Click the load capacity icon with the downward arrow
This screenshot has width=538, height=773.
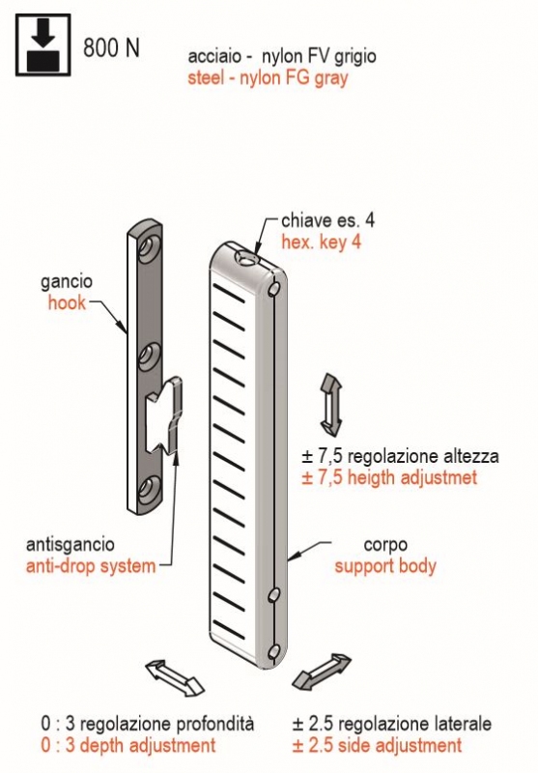click(x=43, y=44)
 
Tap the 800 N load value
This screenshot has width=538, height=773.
click(x=111, y=47)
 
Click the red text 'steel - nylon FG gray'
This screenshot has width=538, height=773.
click(x=268, y=78)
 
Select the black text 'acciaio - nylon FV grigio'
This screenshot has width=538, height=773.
click(x=282, y=56)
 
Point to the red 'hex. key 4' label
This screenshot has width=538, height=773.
click(x=321, y=243)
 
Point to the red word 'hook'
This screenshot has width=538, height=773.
click(x=67, y=302)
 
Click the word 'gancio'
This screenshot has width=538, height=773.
click(x=66, y=282)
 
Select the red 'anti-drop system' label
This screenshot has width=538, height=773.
click(x=91, y=566)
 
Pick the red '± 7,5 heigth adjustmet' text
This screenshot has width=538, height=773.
click(x=389, y=477)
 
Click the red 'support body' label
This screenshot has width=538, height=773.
click(x=385, y=566)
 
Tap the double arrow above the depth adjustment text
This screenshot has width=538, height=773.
click(x=175, y=678)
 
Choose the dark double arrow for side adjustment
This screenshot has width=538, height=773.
click(x=322, y=672)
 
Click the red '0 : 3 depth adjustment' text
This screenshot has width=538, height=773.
click(x=128, y=745)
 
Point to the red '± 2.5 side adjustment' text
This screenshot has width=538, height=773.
click(x=377, y=745)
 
